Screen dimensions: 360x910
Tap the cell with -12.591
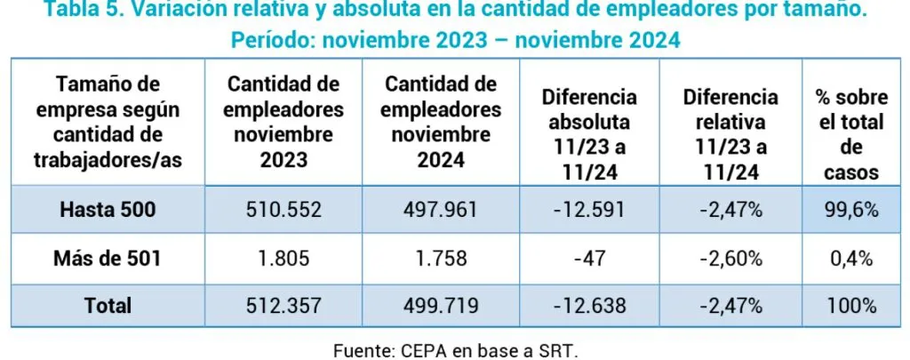point(591,211)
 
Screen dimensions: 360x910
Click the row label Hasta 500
point(108,211)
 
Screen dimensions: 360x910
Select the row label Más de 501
point(108,259)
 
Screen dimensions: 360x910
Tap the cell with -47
point(591,259)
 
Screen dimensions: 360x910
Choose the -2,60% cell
point(730,259)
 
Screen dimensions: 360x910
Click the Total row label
point(108,305)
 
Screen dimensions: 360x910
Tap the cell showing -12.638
point(591,305)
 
